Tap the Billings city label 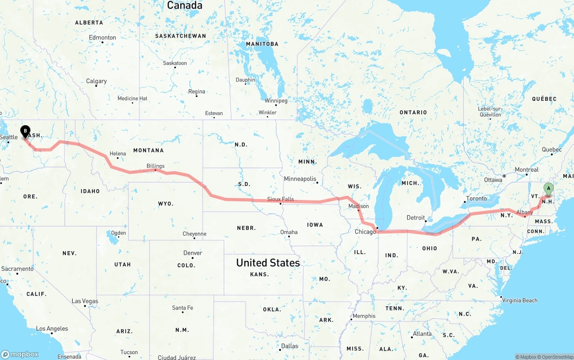pyautogui.click(x=155, y=166)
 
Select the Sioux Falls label pyautogui.click(x=280, y=199)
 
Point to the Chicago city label pyautogui.click(x=365, y=232)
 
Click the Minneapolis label pyautogui.click(x=300, y=179)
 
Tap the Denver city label pyautogui.click(x=192, y=253)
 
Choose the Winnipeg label pyautogui.click(x=276, y=101)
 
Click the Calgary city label pyautogui.click(x=96, y=81)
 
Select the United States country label pyautogui.click(x=268, y=263)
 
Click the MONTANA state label pyautogui.click(x=148, y=150)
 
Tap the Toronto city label pyautogui.click(x=476, y=199)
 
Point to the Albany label pyautogui.click(x=525, y=212)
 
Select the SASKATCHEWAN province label pyautogui.click(x=180, y=36)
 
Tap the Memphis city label pyautogui.click(x=364, y=316)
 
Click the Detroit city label pyautogui.click(x=415, y=218)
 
